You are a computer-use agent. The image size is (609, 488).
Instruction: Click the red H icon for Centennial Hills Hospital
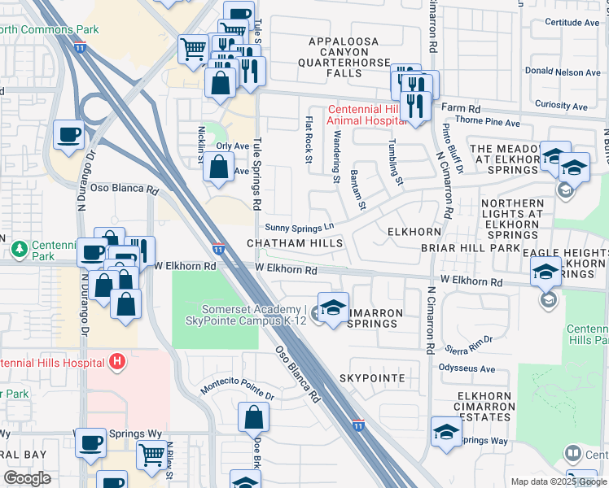118,360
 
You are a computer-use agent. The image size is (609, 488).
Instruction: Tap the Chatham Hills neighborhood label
295,243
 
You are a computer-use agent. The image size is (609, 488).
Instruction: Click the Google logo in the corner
27,477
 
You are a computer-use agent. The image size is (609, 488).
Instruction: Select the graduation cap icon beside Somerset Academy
333,308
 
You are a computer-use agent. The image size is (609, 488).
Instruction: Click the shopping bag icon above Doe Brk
253,417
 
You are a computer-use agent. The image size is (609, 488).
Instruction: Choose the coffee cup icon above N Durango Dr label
69,134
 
